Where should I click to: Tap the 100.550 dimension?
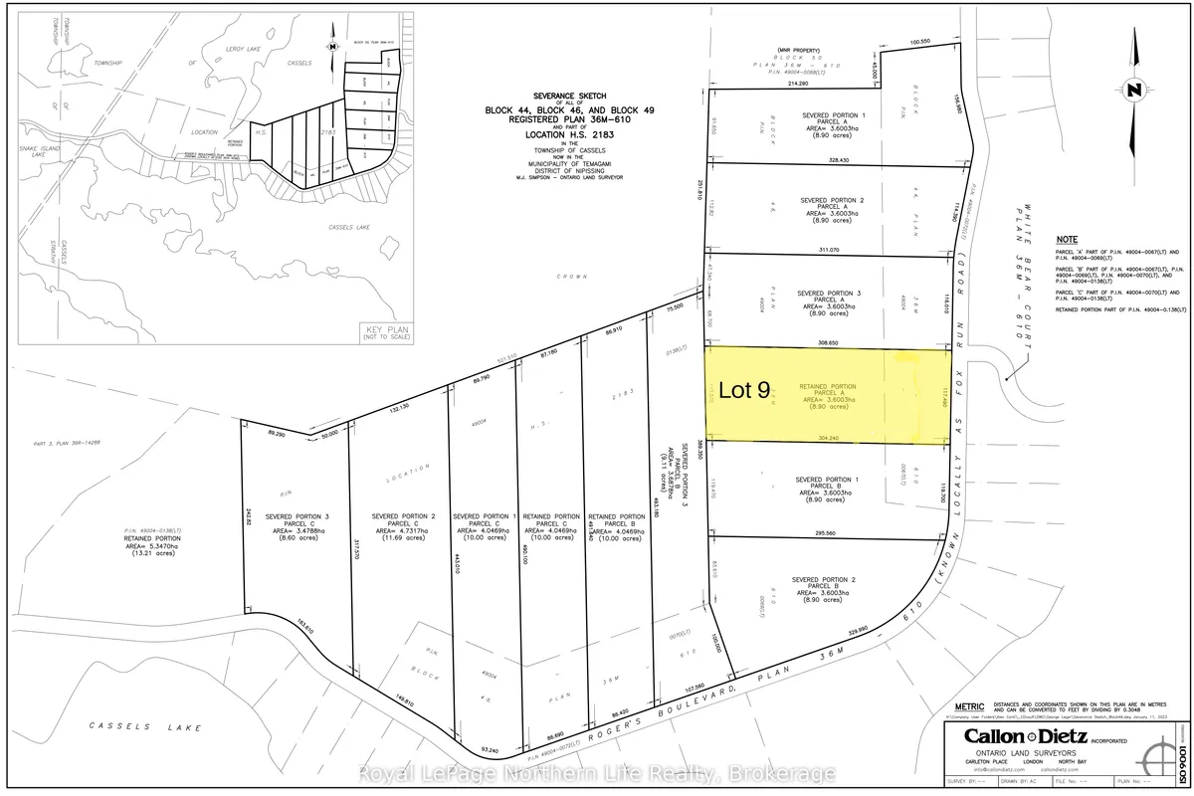[918, 42]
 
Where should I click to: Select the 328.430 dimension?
[839, 160]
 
